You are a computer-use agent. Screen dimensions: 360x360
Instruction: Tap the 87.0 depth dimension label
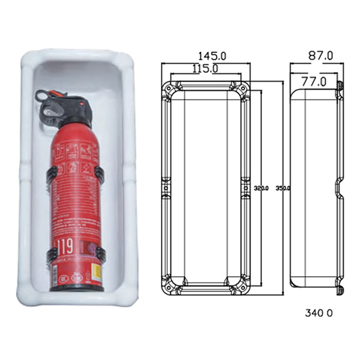pyautogui.click(x=321, y=55)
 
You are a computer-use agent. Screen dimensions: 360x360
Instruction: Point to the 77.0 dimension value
pyautogui.click(x=315, y=81)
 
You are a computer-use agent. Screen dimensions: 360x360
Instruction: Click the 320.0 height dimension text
pyautogui.click(x=261, y=188)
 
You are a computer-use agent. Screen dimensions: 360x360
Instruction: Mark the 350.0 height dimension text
pyautogui.click(x=283, y=188)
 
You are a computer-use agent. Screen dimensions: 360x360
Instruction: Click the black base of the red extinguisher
pyautogui.click(x=76, y=287)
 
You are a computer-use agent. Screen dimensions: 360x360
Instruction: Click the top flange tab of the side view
pyautogui.click(x=339, y=85)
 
